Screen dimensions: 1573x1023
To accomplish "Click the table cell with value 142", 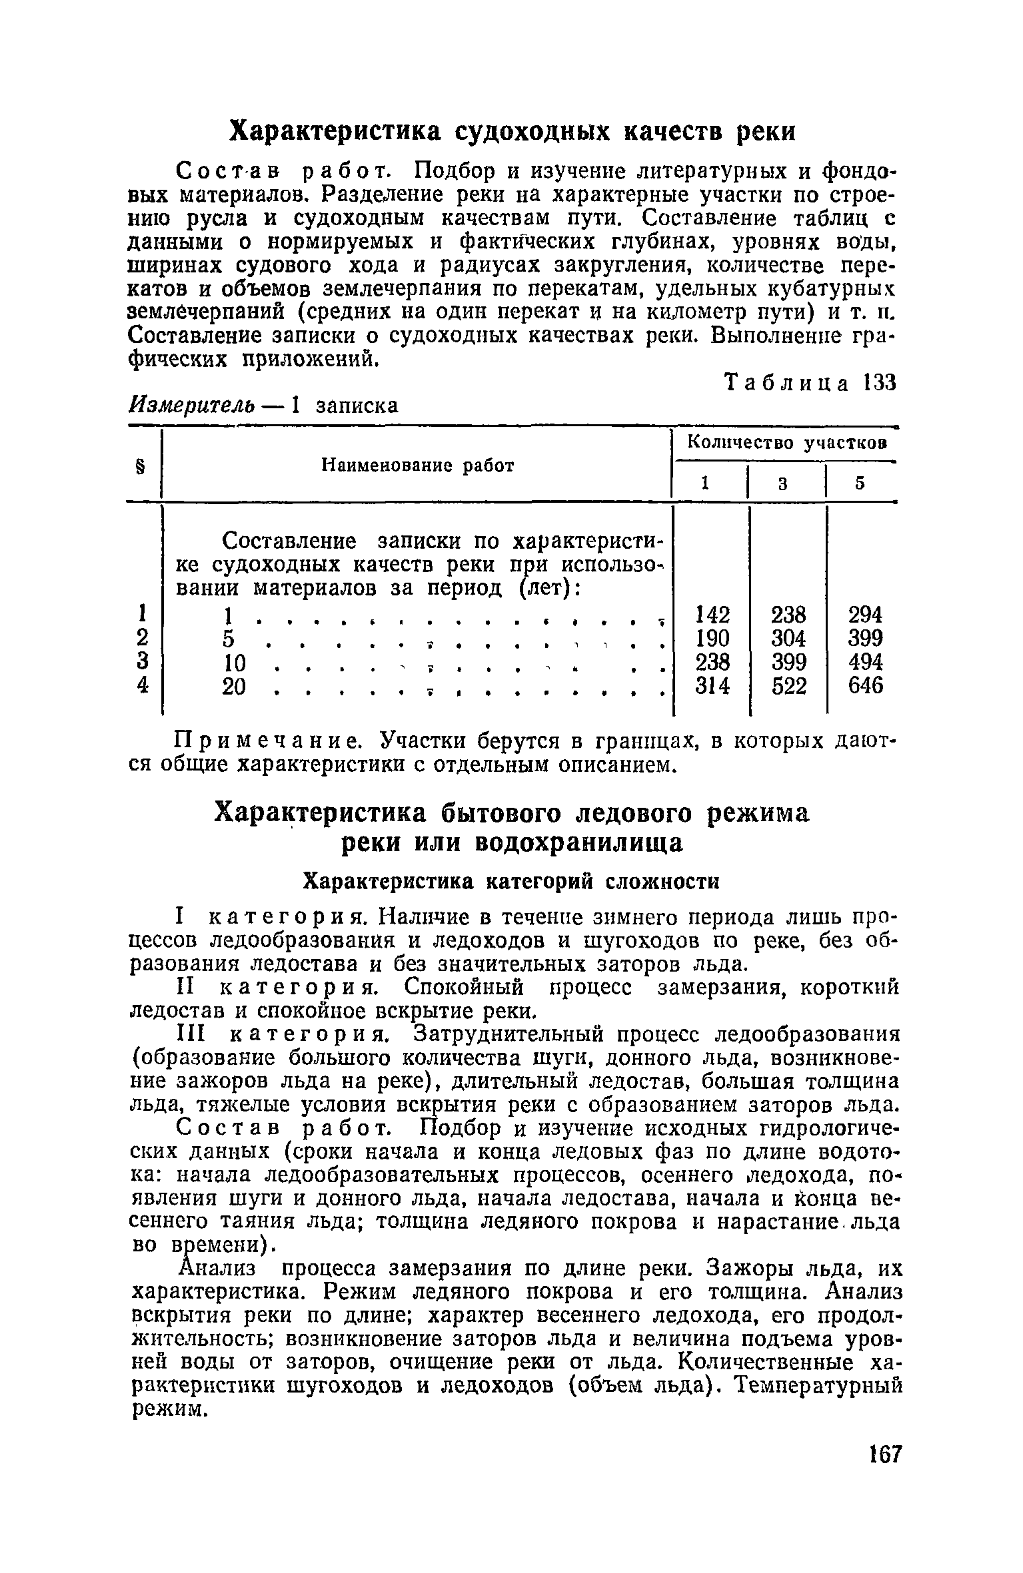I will pyautogui.click(x=712, y=613).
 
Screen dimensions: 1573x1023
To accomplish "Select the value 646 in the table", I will pyautogui.click(x=865, y=685).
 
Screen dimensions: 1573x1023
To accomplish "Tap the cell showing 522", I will pyautogui.click(x=789, y=685).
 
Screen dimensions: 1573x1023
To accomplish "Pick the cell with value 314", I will pyautogui.click(x=712, y=685).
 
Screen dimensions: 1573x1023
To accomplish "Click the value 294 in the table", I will pyautogui.click(x=865, y=613).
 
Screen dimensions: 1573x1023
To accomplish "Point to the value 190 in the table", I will pyautogui.click(x=712, y=637).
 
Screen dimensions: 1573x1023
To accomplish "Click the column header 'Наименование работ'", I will pyautogui.click(x=418, y=466).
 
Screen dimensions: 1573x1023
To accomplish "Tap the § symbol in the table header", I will pyautogui.click(x=141, y=466).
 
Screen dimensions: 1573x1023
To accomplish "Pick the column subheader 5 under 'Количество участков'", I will pyautogui.click(x=860, y=484).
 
